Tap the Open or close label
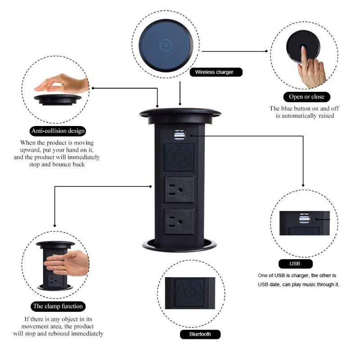pos(306,97)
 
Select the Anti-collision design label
pos(58,131)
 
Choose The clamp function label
pos(58,306)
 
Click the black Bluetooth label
pos(200,334)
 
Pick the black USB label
pos(296,264)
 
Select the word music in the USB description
pos(313,284)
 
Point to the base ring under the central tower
pos(180,245)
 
